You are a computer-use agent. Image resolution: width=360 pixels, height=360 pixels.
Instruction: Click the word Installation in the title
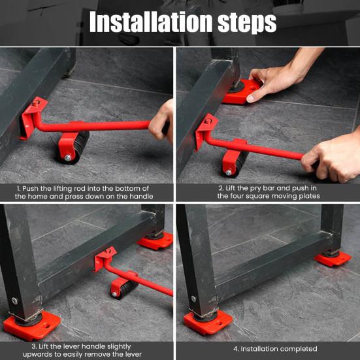point(152,22)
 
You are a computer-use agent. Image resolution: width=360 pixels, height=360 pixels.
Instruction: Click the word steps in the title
point(247,23)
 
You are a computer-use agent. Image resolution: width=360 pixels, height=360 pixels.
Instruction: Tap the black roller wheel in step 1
point(77,148)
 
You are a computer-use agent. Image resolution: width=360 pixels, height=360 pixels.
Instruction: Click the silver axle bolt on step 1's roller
point(68,157)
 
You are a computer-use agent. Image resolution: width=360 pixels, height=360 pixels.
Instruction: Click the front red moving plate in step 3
point(31,325)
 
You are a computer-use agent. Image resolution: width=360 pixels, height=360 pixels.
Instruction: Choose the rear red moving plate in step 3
point(155,240)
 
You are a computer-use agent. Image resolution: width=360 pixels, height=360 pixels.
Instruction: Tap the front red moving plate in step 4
point(208,321)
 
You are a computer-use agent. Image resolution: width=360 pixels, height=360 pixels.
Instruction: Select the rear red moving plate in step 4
point(333,258)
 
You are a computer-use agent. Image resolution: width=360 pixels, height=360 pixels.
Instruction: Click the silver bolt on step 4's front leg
point(193,299)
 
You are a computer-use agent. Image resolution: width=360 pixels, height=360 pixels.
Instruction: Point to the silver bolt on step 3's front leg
point(14,301)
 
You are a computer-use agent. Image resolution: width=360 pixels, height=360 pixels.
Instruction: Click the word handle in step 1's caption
point(141,196)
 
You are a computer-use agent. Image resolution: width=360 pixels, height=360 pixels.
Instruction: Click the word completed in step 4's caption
point(298,349)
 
